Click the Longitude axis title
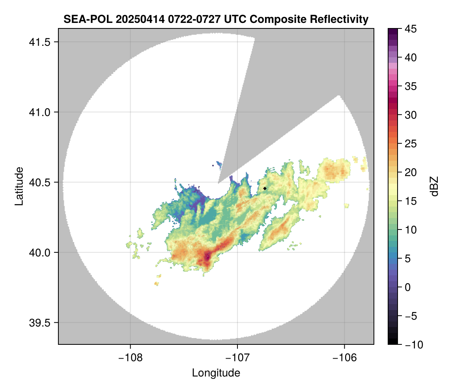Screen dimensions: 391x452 [216, 372]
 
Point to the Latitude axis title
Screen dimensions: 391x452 [19, 186]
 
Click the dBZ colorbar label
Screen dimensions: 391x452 [434, 186]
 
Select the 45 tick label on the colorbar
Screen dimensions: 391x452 [411, 29]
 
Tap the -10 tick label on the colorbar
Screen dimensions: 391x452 [412, 345]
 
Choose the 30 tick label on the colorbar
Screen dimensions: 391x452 [411, 115]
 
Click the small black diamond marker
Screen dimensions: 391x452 [265, 188]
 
